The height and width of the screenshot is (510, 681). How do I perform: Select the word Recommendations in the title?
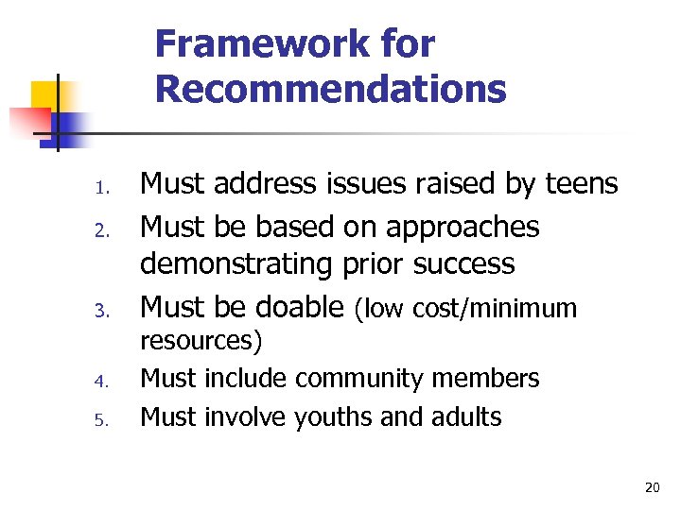pyautogui.click(x=331, y=89)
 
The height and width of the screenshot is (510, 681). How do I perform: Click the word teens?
pyautogui.click(x=582, y=184)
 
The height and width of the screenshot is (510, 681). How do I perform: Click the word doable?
pyautogui.click(x=293, y=306)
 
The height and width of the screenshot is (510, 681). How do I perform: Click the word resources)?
pyautogui.click(x=201, y=340)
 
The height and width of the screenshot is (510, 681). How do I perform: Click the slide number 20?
pyautogui.click(x=652, y=487)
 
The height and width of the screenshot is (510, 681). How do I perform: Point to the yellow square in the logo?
pyautogui.click(x=45, y=94)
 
